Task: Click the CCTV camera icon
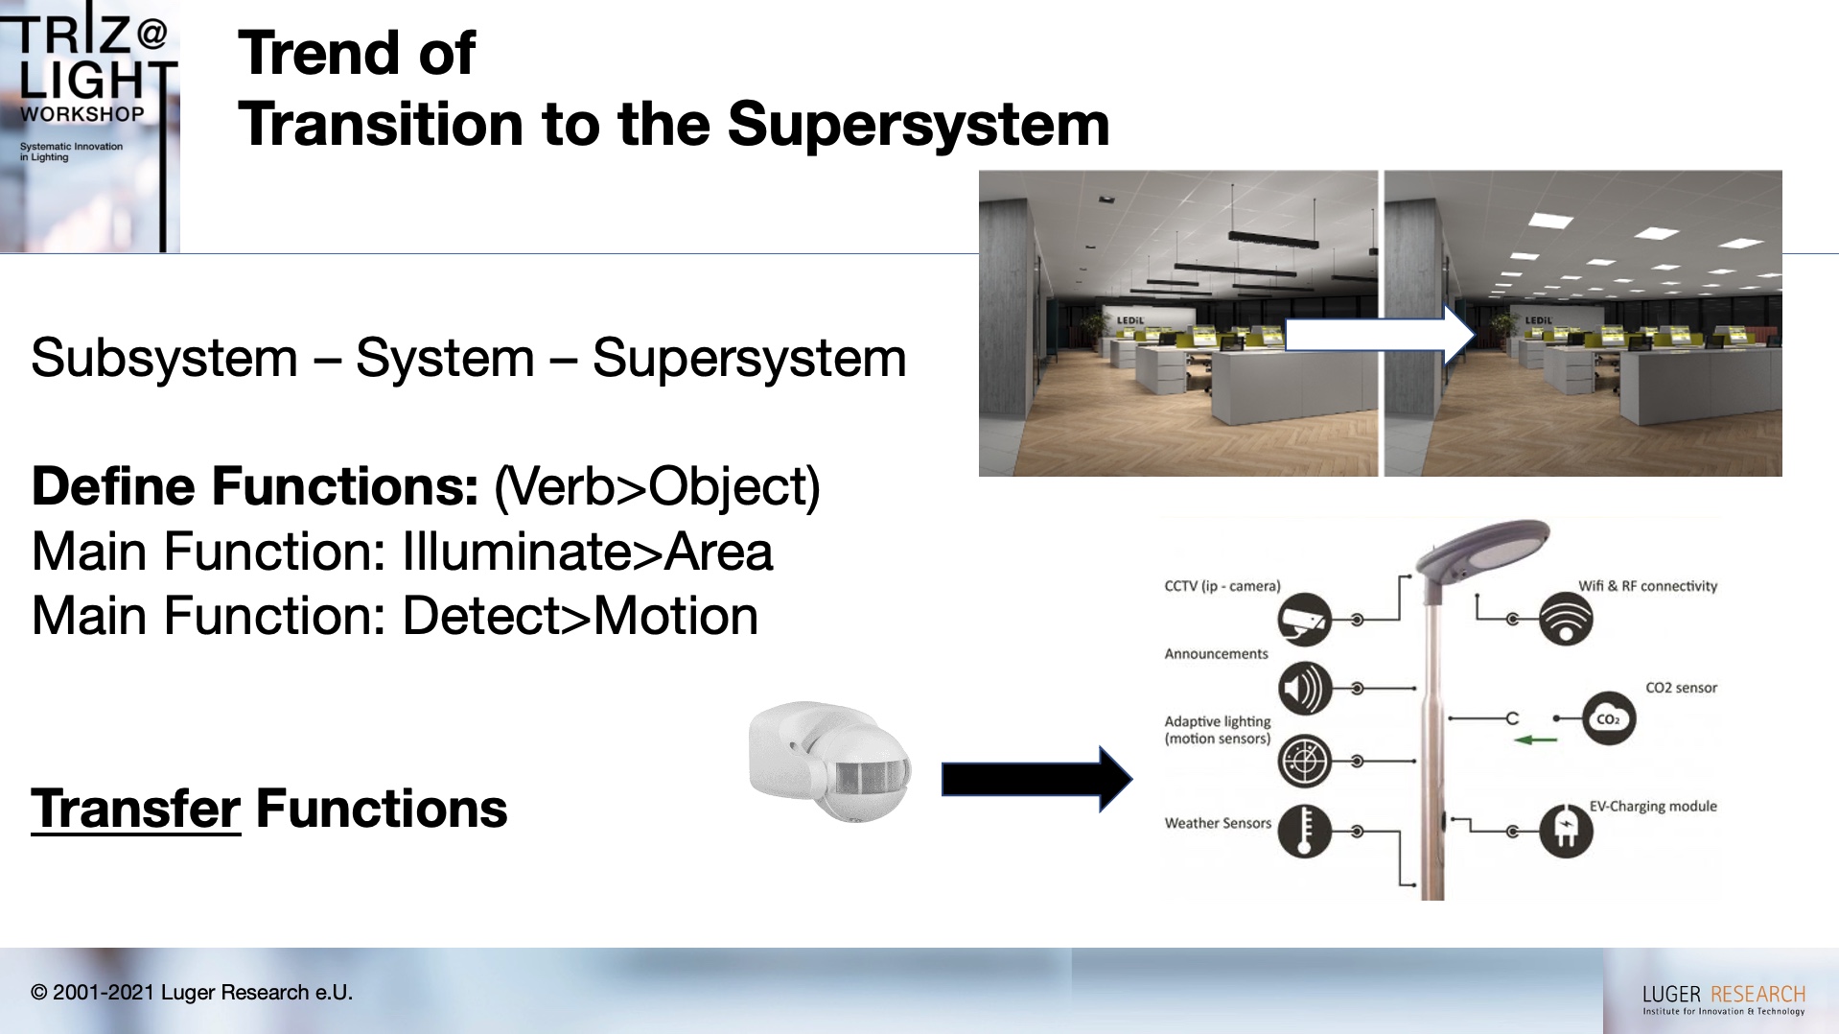point(1305,620)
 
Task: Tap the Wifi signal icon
point(1566,619)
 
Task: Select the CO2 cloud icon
point(1608,718)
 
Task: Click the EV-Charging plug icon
point(1566,831)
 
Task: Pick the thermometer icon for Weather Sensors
point(1305,831)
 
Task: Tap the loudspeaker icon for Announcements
point(1305,688)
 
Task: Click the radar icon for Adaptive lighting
point(1305,761)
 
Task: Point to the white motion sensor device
point(830,762)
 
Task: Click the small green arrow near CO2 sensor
point(1535,740)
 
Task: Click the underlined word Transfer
point(135,809)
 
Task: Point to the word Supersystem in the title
point(918,125)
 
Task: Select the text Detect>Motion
point(580,616)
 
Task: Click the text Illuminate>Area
point(587,552)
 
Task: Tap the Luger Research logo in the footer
point(1723,999)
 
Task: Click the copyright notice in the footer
point(192,993)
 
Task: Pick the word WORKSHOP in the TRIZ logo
point(82,114)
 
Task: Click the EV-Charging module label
point(1653,806)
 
